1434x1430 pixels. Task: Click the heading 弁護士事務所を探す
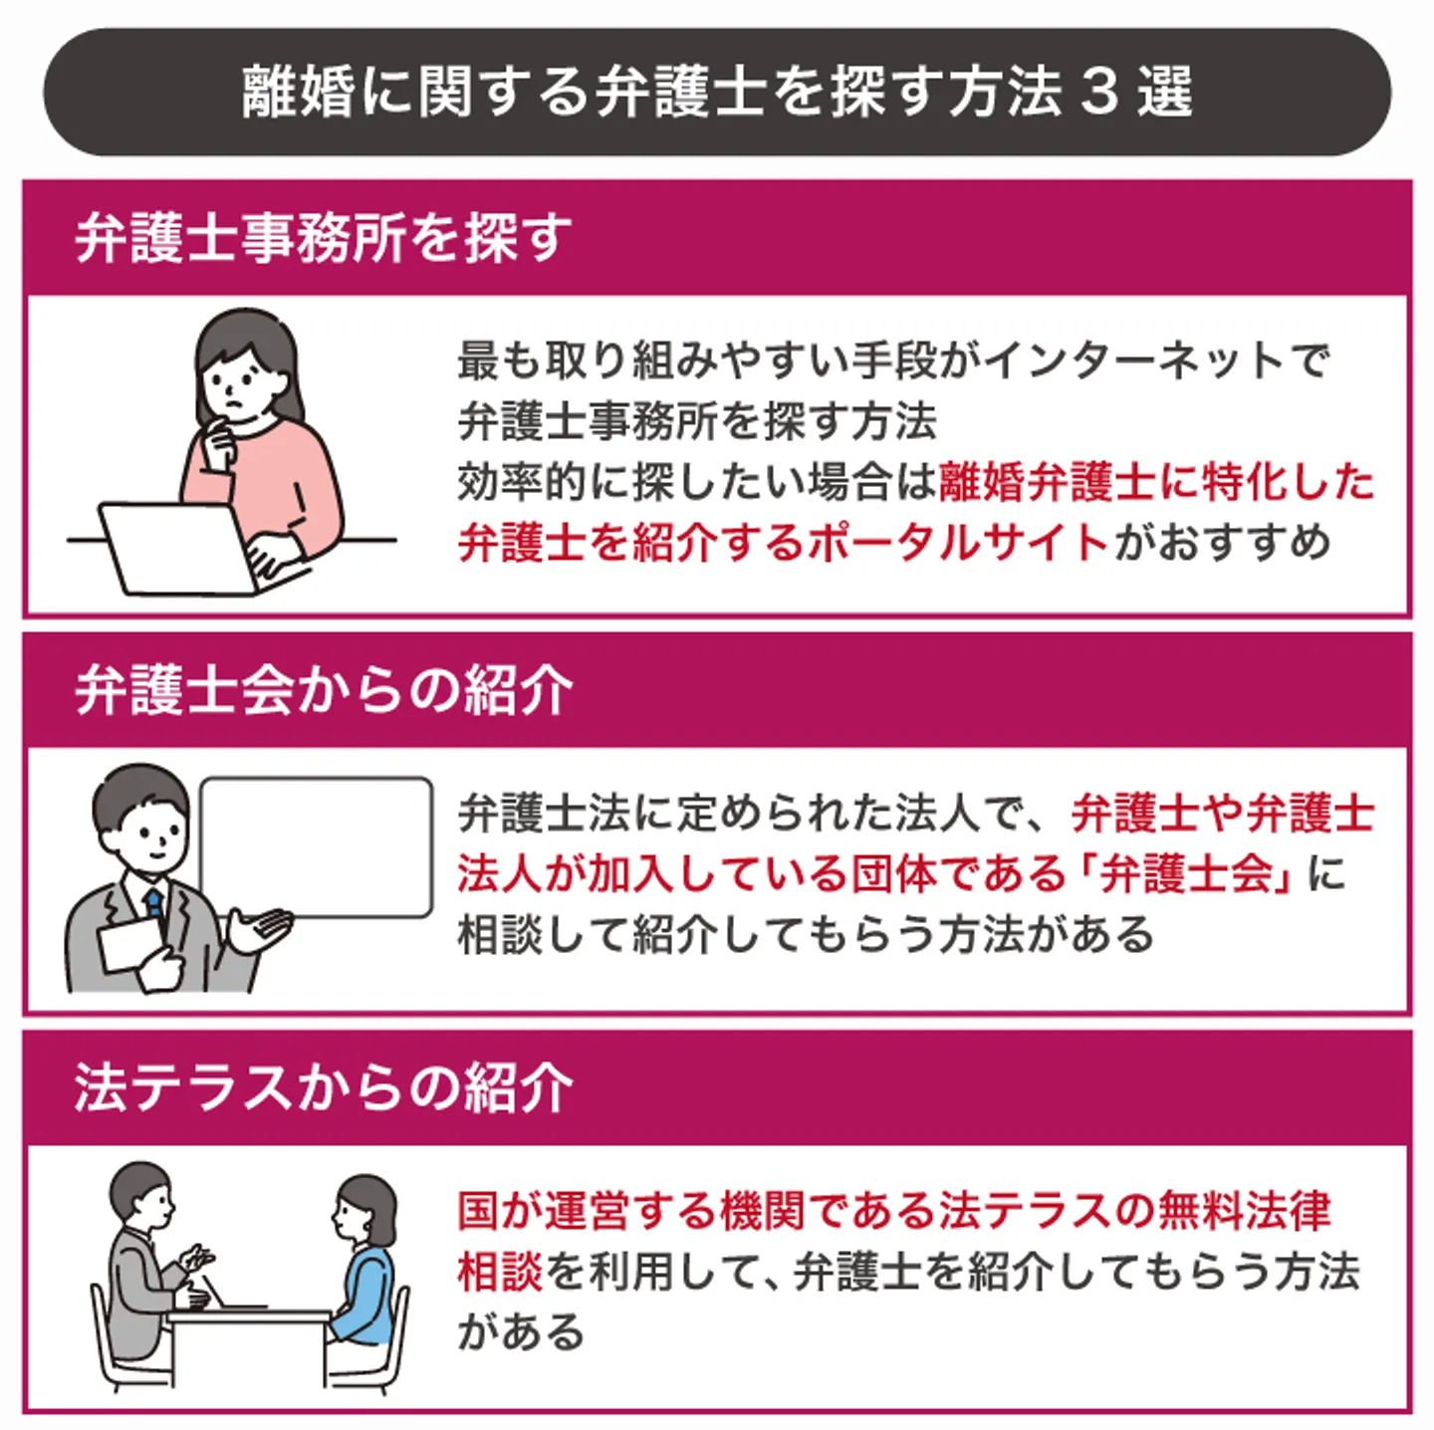(324, 238)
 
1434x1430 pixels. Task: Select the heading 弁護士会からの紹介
(324, 691)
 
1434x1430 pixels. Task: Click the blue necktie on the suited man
(154, 903)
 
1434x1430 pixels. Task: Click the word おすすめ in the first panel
(1244, 542)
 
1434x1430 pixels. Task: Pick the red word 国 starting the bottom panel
(478, 1211)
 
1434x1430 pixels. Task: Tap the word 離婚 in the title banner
(298, 93)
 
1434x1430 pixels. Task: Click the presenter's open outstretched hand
(261, 928)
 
